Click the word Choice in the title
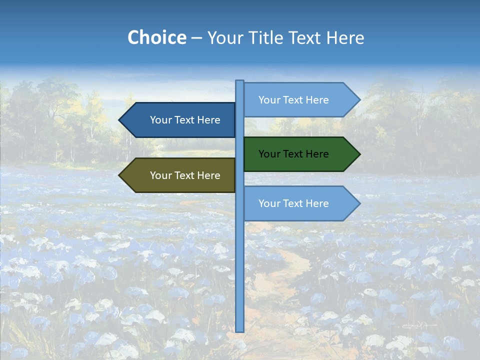[156, 38]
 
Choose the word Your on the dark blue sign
[160, 120]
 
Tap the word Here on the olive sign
[209, 175]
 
